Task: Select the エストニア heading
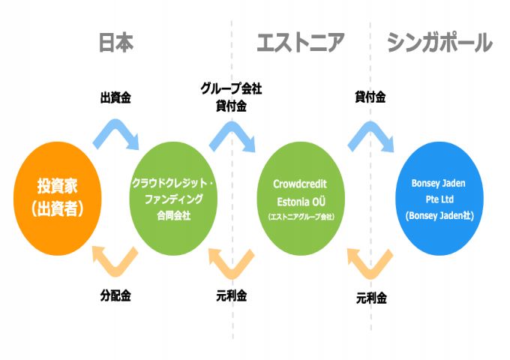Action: [300, 43]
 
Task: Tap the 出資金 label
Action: [115, 97]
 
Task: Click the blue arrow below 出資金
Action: [116, 133]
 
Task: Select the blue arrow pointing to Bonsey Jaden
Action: [371, 135]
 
